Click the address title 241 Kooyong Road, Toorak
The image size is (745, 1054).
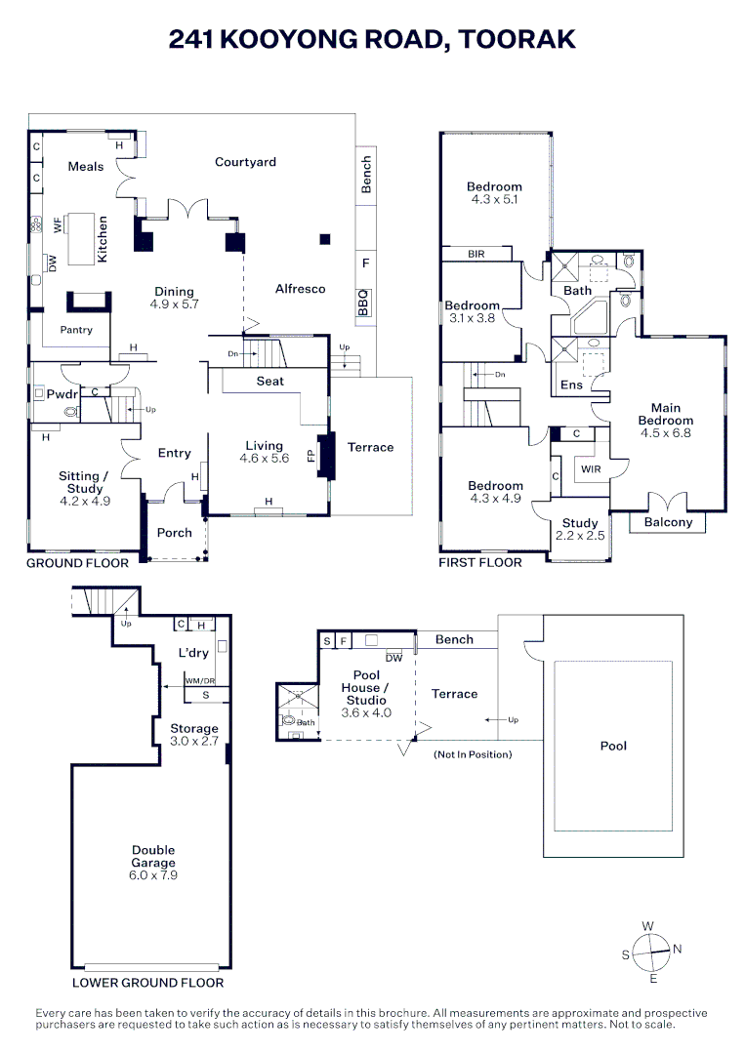click(x=372, y=39)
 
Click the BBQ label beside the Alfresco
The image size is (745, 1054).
click(x=363, y=304)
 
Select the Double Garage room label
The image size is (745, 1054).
click(x=154, y=863)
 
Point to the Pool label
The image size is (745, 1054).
click(x=613, y=746)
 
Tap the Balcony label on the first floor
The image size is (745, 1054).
click(x=669, y=522)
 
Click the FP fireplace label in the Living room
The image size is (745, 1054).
click(x=311, y=457)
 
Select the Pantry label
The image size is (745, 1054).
click(x=76, y=330)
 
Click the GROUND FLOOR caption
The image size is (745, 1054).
click(x=77, y=563)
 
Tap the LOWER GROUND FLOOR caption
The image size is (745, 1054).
click(x=148, y=983)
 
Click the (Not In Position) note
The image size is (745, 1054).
click(x=473, y=754)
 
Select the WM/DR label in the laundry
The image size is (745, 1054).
click(x=199, y=681)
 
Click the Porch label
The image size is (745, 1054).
click(x=175, y=532)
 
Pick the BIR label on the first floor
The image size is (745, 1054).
click(x=476, y=254)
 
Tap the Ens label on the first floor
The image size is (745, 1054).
click(x=571, y=385)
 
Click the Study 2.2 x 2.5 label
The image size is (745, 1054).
click(x=580, y=530)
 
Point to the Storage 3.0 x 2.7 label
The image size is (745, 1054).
click(x=194, y=735)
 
